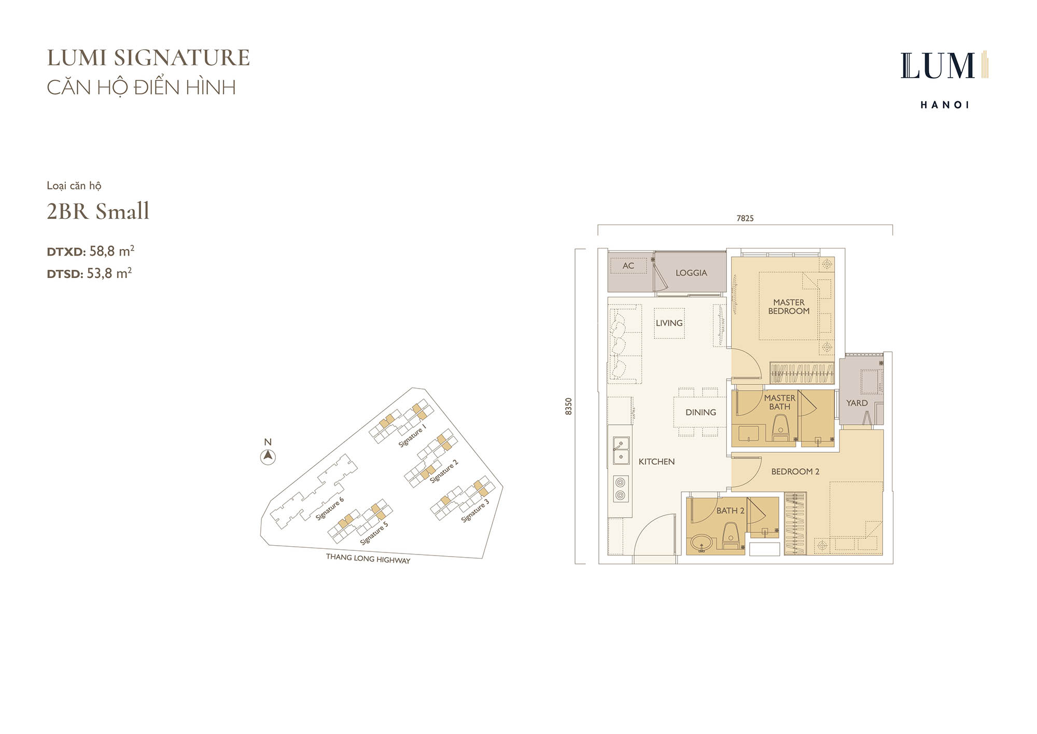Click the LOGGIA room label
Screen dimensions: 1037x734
[691, 273]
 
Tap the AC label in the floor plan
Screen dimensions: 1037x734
[628, 266]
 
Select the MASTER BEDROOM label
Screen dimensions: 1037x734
[789, 307]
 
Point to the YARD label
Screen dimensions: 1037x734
[857, 403]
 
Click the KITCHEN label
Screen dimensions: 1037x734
[656, 462]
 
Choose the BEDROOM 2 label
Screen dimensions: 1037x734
[795, 472]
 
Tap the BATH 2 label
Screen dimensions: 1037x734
[730, 511]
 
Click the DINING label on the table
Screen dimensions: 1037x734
[700, 412]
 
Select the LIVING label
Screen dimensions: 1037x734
[669, 323]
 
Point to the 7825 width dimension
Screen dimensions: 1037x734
[745, 218]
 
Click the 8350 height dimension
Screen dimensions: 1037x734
[569, 406]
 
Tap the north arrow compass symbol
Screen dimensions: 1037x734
[268, 457]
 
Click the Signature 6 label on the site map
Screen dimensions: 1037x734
[330, 509]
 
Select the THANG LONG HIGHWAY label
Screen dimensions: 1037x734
[368, 558]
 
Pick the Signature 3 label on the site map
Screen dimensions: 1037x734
[475, 511]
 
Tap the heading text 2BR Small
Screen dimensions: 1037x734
[98, 211]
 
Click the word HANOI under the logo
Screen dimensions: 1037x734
[945, 105]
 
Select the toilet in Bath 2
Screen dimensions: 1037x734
[731, 536]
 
